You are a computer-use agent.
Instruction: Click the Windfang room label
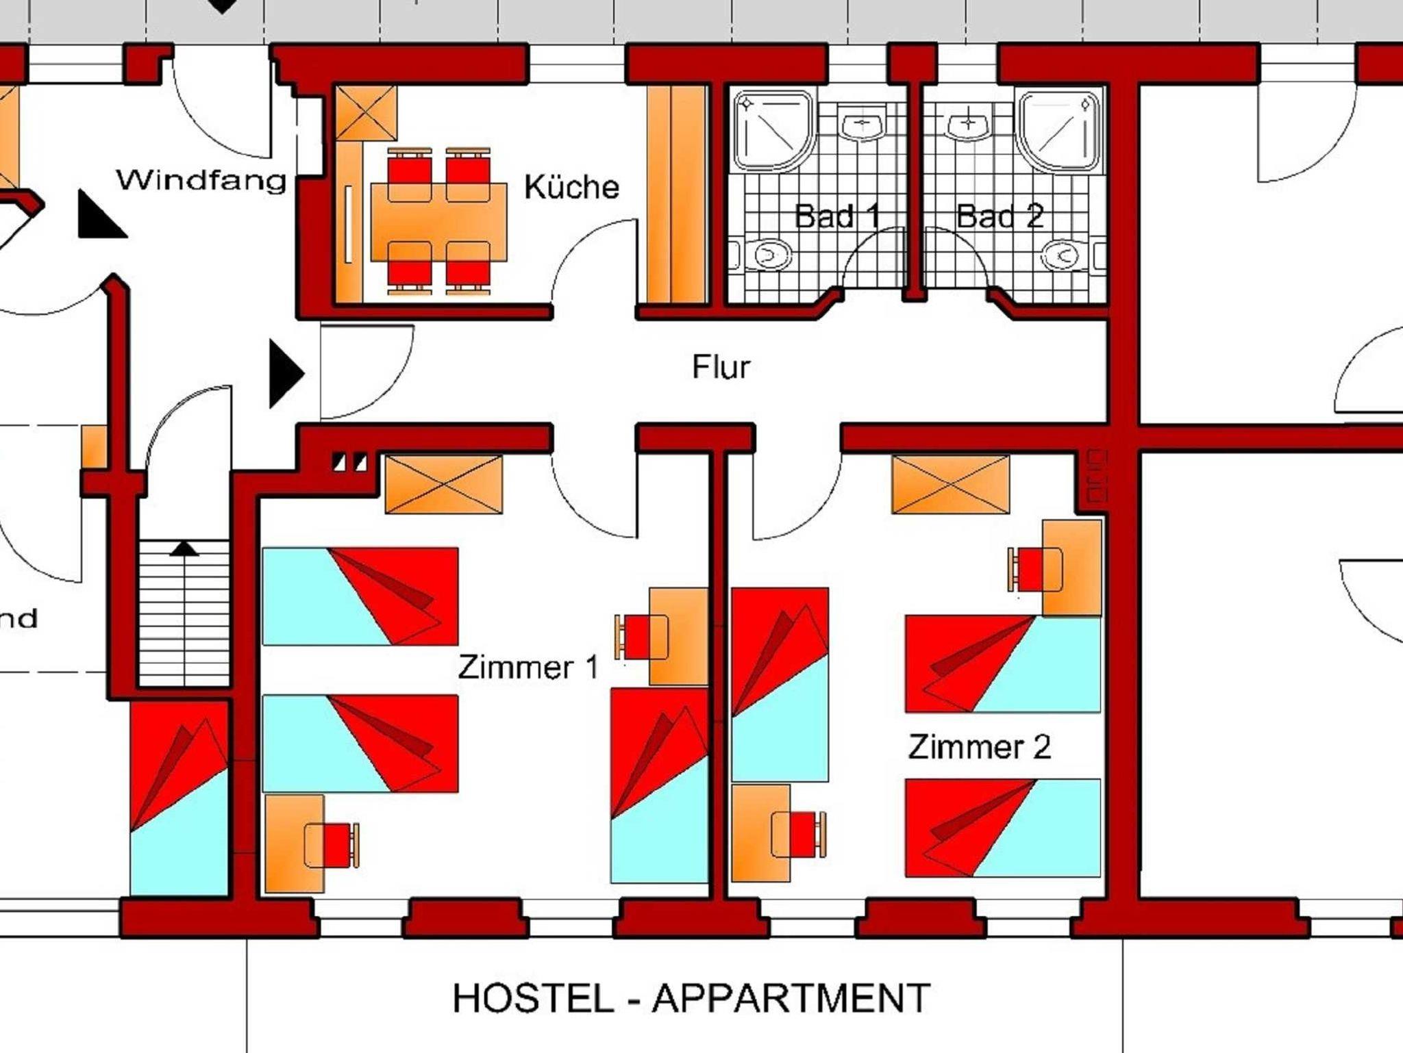pyautogui.click(x=201, y=180)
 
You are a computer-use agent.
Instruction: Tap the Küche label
pyautogui.click(x=572, y=187)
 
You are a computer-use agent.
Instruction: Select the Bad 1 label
pyautogui.click(x=837, y=216)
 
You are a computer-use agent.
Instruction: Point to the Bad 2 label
pyautogui.click(x=1000, y=216)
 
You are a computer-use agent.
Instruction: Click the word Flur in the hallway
pyautogui.click(x=721, y=367)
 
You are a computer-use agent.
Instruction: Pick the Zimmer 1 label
pyautogui.click(x=529, y=667)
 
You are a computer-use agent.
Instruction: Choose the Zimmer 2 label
pyautogui.click(x=980, y=746)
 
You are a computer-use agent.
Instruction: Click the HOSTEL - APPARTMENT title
pyautogui.click(x=691, y=998)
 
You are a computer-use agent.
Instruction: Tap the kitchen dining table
pyautogui.click(x=438, y=222)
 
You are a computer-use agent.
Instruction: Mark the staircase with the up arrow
pyautogui.click(x=184, y=613)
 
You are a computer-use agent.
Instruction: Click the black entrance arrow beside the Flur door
pyautogui.click(x=286, y=374)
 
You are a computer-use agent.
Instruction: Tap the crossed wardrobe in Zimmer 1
pyautogui.click(x=444, y=484)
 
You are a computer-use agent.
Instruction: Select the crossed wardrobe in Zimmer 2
pyautogui.click(x=950, y=484)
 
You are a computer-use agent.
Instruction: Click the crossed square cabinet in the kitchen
pyautogui.click(x=367, y=113)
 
